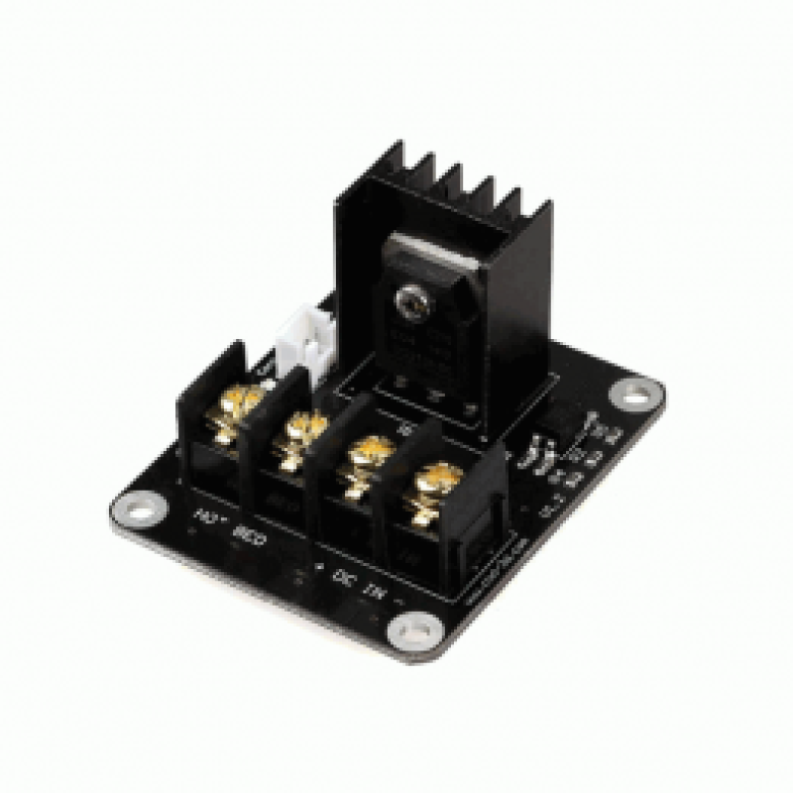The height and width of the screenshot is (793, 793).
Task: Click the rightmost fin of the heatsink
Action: (524, 213)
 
